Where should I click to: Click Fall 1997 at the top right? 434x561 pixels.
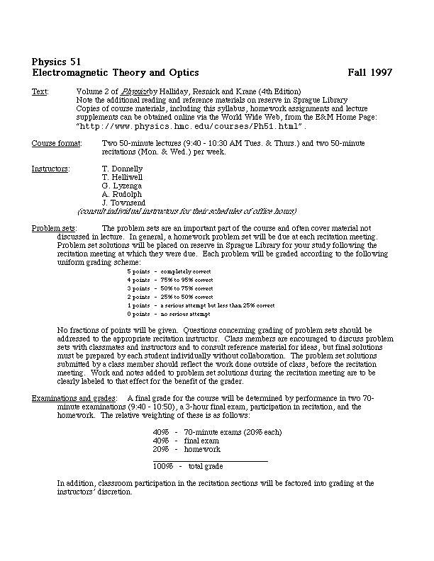click(370, 72)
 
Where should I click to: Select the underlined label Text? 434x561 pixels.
click(40, 92)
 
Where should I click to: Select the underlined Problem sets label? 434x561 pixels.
click(54, 228)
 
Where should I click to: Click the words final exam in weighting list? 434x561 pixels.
click(201, 441)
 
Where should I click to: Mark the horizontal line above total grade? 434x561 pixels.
click(211, 461)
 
